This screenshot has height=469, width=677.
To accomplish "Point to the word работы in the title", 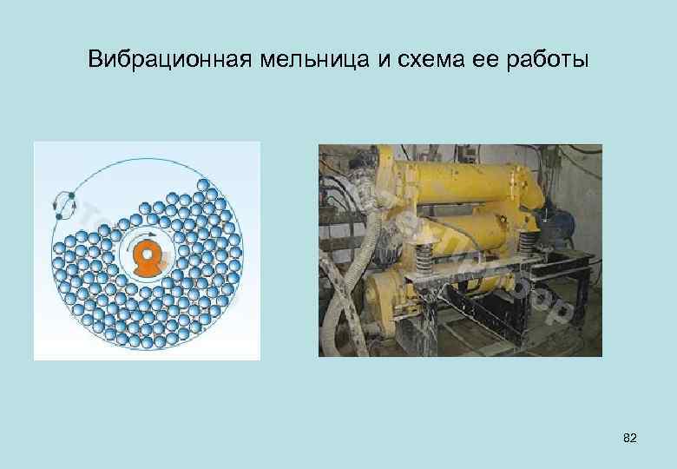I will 548,61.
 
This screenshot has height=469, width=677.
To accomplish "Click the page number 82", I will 630,439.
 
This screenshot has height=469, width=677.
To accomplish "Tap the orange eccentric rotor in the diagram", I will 147,259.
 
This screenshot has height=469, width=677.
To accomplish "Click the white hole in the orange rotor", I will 147,254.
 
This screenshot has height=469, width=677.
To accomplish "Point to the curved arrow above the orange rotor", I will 149,234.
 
